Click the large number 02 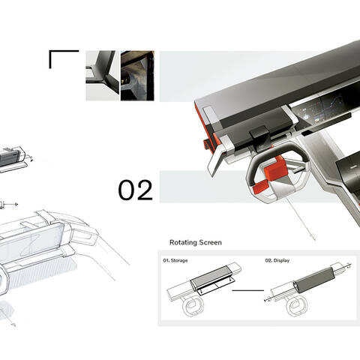point(135,190)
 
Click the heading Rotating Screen point(196,242)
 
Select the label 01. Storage point(175,260)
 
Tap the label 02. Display point(277,260)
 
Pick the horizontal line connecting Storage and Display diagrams point(247,290)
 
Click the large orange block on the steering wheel point(275,168)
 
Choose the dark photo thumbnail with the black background point(137,76)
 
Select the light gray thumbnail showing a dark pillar point(103,76)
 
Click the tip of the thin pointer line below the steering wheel point(313,238)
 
